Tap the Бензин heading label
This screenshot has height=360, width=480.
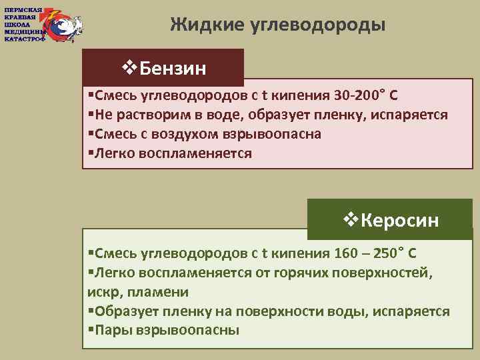173,67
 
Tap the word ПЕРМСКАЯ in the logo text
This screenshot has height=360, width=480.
23,10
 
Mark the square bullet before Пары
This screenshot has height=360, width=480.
91,331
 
